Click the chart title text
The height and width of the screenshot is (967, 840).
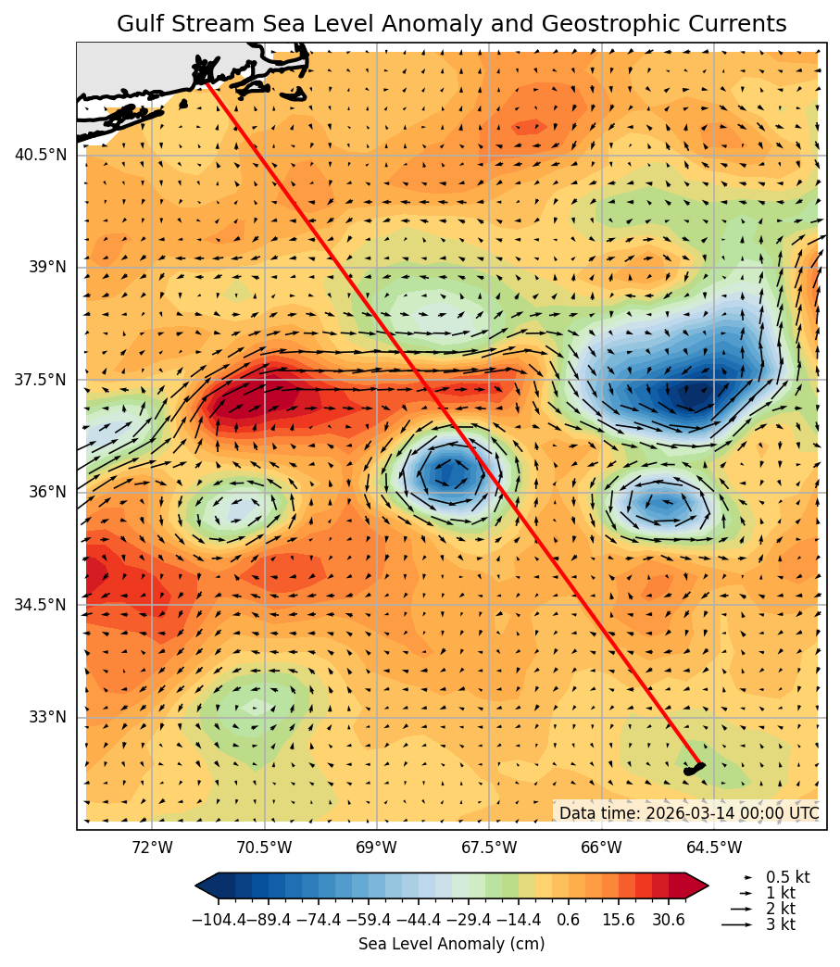coord(452,24)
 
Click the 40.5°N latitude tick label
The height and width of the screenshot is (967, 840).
coord(40,155)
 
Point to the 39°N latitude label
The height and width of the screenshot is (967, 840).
coord(47,267)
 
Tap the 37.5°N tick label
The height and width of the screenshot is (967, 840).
coord(40,380)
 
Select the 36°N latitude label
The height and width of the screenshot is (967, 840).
coord(47,492)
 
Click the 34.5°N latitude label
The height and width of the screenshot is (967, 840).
coord(40,605)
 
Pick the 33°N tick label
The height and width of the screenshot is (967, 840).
coord(47,717)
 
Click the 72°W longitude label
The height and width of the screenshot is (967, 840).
coord(152,848)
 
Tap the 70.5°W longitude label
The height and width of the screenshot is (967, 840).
coord(264,848)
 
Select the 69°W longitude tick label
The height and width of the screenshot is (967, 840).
coord(377,848)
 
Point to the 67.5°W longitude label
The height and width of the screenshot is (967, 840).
coord(489,848)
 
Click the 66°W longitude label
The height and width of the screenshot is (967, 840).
coord(602,848)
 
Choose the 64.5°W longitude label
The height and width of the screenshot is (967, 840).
coord(714,848)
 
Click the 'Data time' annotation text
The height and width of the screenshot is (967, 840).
coord(688,813)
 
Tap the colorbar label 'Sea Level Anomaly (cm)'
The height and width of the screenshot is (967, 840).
coord(451,944)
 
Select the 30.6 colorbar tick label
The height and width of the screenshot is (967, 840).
coord(668,920)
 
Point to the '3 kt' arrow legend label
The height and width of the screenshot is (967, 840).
coord(780,924)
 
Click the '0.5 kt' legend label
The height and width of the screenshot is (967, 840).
coord(787,877)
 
